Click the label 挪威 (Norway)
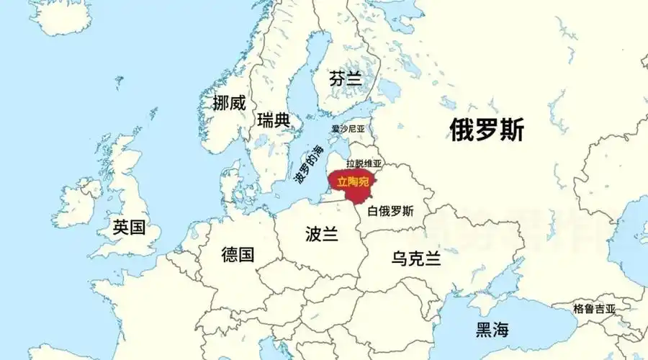click(229, 103)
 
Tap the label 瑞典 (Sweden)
click(273, 120)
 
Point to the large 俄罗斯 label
click(487, 130)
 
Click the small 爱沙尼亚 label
click(348, 129)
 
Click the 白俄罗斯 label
click(390, 211)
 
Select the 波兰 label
click(321, 234)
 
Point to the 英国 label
click(129, 228)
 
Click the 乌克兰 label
click(415, 258)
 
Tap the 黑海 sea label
click(492, 330)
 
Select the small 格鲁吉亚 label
click(594, 308)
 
